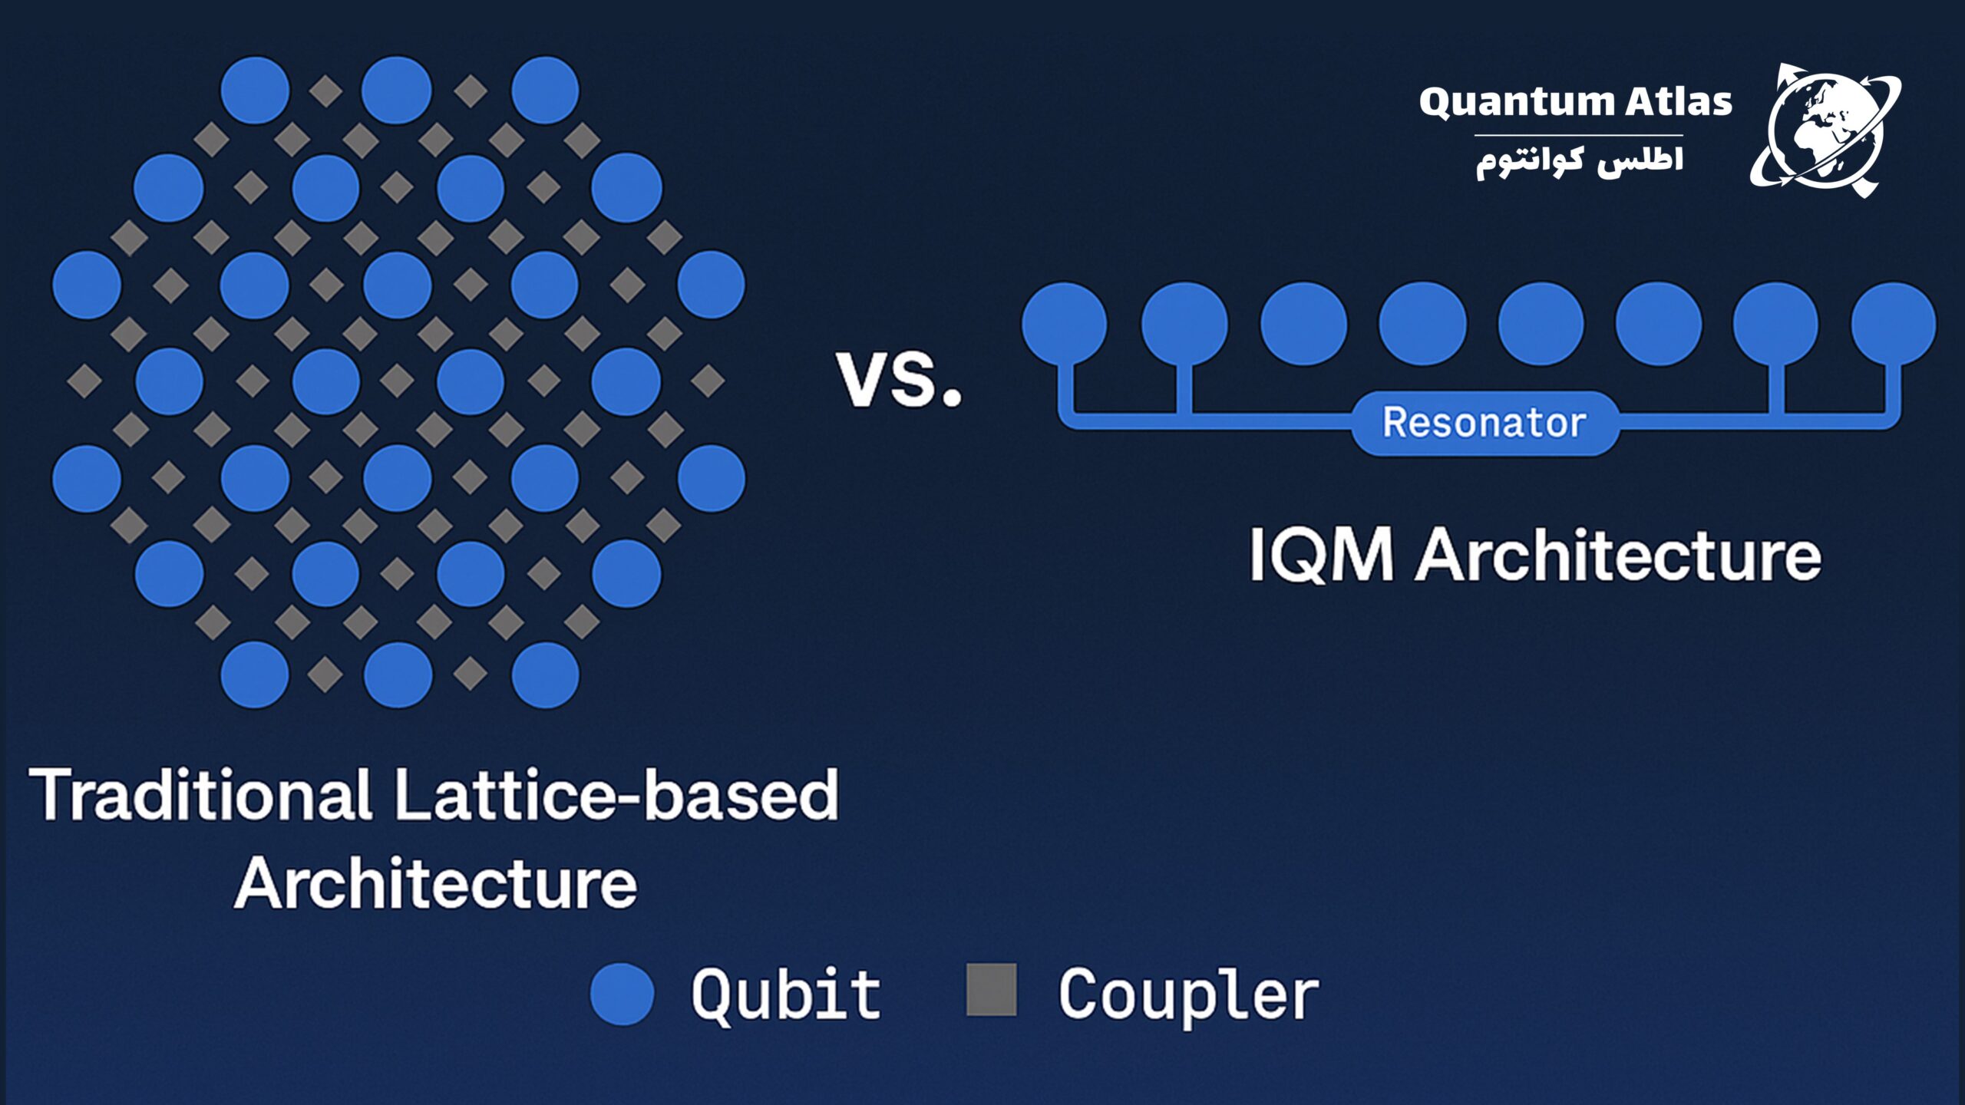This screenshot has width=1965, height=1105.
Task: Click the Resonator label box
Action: (1484, 423)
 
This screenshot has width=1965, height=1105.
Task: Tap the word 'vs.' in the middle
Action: (899, 378)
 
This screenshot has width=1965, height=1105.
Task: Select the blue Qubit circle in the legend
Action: (623, 994)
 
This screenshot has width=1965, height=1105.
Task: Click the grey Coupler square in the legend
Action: (992, 990)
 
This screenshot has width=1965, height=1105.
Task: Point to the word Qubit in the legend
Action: (786, 995)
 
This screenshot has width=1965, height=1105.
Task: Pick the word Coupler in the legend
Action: (1188, 997)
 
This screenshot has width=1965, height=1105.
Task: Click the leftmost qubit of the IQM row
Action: (1064, 323)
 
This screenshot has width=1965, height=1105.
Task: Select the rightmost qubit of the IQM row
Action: (1894, 323)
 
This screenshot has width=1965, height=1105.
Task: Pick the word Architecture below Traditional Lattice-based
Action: (435, 883)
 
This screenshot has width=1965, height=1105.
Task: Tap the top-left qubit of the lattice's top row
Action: (255, 90)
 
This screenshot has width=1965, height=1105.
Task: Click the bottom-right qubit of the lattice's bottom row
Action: (545, 675)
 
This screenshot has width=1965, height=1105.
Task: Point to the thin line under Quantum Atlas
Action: (1578, 136)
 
